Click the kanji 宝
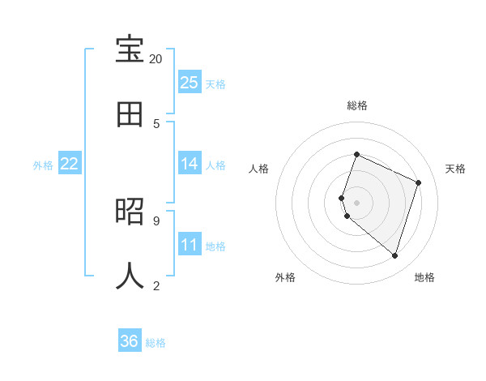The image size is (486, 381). coord(130,51)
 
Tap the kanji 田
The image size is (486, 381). coord(130,114)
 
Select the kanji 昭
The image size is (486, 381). coord(130,212)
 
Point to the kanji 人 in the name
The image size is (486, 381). coord(130,276)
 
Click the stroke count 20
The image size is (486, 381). coord(156,59)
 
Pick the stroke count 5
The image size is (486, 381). coord(156,123)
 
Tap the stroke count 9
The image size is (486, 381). coord(156,220)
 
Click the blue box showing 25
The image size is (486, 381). coord(190,83)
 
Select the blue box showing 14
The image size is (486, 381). coord(190,164)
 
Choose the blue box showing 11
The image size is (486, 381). coord(190,245)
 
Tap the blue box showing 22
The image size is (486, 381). coord(70,164)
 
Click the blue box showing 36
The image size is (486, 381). coord(130,341)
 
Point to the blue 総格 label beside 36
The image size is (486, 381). coord(156,343)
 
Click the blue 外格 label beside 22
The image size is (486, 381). coord(43,165)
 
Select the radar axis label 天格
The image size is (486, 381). coord(456,169)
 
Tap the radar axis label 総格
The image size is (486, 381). coord(357,105)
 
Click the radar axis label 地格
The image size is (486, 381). coord(424,277)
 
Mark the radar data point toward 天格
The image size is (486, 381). coord(419,182)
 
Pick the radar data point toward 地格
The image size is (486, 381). coord(394,255)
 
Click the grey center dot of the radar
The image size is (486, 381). coord(357,202)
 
